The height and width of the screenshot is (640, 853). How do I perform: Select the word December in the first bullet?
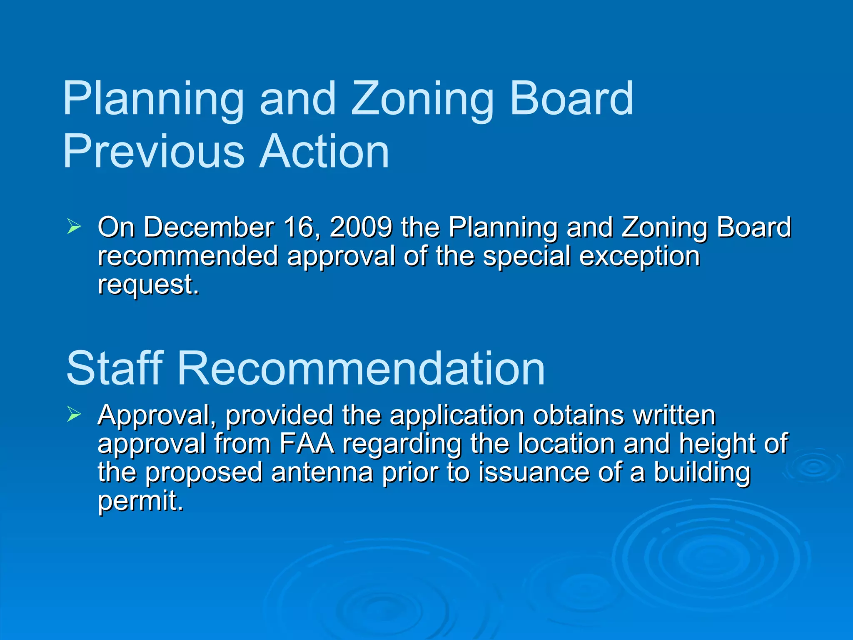point(209,227)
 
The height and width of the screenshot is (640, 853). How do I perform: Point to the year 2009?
point(361,227)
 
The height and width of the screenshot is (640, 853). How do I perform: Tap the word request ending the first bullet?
point(148,285)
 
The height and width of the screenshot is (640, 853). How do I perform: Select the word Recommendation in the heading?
point(361,368)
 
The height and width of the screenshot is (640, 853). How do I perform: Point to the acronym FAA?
point(307,443)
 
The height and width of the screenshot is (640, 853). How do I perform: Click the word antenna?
point(322,472)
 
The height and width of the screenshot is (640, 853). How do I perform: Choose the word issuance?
point(534,472)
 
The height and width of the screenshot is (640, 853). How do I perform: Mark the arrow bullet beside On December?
point(74,227)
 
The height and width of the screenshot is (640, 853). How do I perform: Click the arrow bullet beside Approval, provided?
point(74,415)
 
